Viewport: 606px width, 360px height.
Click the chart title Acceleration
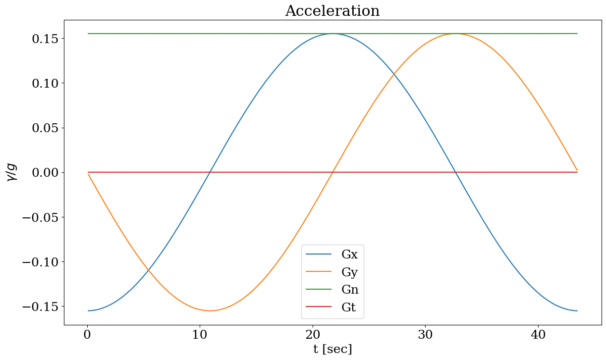332,11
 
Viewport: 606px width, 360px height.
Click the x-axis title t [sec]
332,349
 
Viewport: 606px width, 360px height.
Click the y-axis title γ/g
12,172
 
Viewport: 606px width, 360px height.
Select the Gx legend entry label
349,255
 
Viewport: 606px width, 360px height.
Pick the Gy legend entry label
349,272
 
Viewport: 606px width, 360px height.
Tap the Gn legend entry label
350,290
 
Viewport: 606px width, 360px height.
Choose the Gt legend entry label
349,308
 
